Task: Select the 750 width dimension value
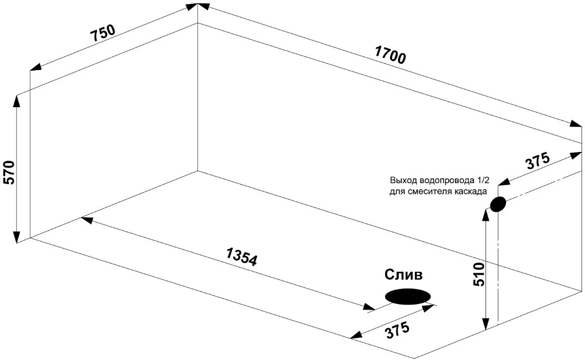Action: tap(103, 33)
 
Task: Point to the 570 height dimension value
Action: tap(10, 172)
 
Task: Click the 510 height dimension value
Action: tap(479, 274)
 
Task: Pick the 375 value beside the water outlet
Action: tap(538, 161)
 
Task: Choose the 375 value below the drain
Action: tap(397, 330)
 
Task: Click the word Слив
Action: tap(403, 275)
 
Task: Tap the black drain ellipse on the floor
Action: tap(408, 297)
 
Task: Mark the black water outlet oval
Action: tap(498, 204)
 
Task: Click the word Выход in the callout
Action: tap(404, 180)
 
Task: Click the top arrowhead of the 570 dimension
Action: tap(17, 100)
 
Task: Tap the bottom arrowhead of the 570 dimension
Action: tap(17, 237)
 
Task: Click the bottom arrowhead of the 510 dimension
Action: tap(486, 324)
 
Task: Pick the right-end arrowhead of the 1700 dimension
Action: tap(576, 123)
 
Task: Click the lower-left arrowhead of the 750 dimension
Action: tap(36, 67)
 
